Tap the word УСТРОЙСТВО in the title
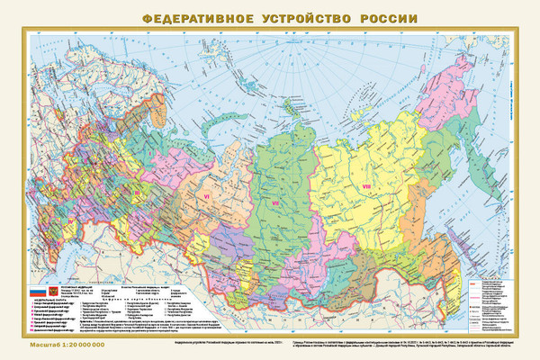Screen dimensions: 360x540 303,18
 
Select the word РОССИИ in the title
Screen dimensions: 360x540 387,18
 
